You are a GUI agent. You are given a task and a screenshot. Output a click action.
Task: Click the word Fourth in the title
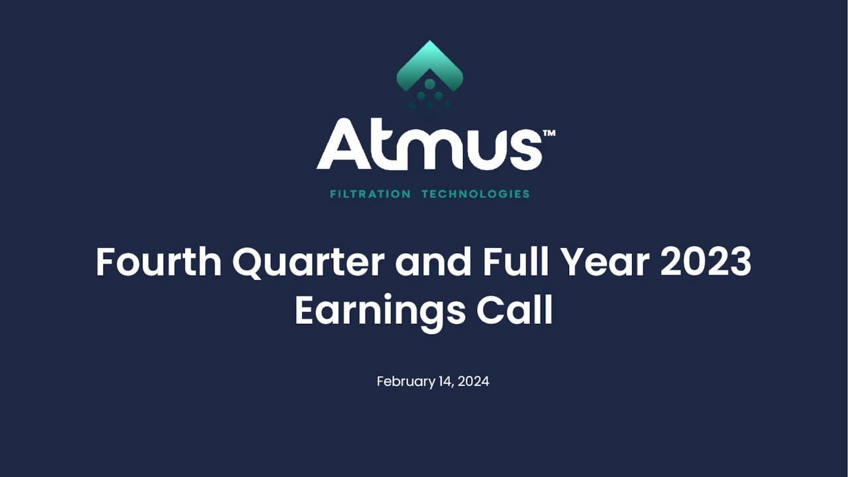pos(158,262)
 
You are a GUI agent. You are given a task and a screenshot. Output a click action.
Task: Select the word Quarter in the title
pos(308,262)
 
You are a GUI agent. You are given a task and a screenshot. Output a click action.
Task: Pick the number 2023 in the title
pos(706,262)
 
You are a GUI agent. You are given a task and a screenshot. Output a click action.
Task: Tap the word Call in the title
pos(515,311)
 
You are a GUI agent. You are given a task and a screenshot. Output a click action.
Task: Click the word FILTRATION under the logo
pos(370,194)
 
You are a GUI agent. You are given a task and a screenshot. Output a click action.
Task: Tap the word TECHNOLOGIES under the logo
pos(476,194)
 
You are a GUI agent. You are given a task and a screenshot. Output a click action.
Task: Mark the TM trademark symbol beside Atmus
pos(549,133)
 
